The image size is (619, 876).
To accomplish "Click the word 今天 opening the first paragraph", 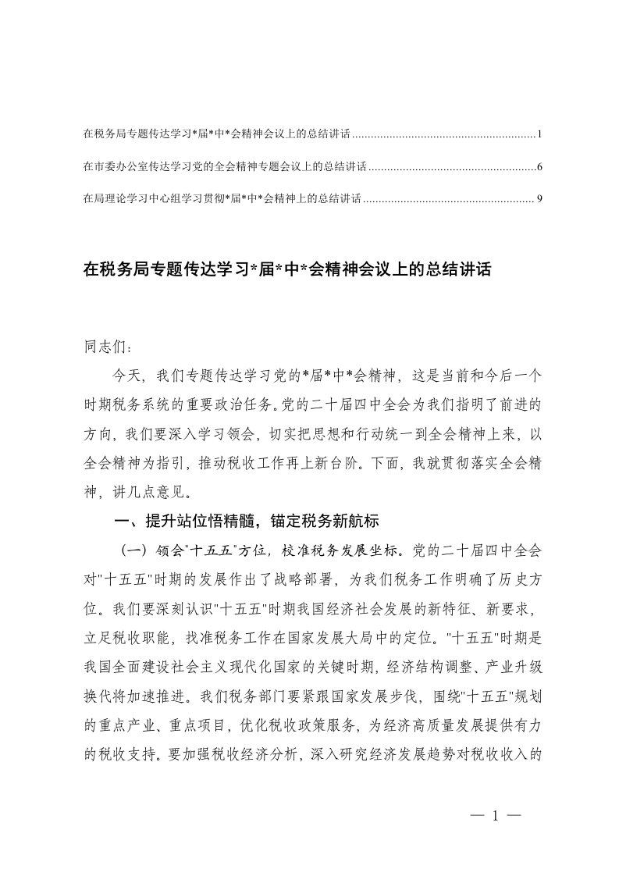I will tap(127, 376).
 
